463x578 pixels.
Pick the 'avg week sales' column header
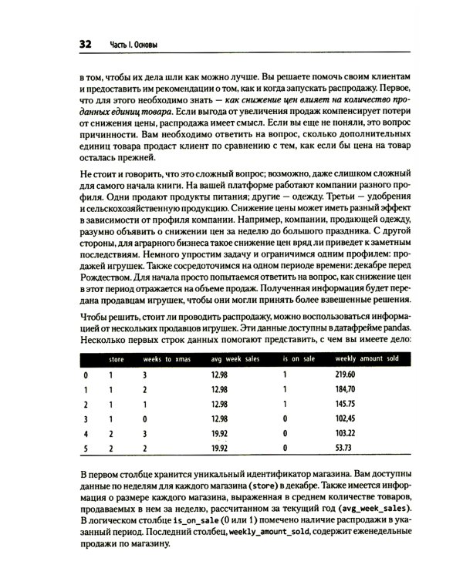[x=236, y=359]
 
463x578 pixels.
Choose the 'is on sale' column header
[x=297, y=359]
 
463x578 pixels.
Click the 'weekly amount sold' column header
[x=367, y=359]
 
